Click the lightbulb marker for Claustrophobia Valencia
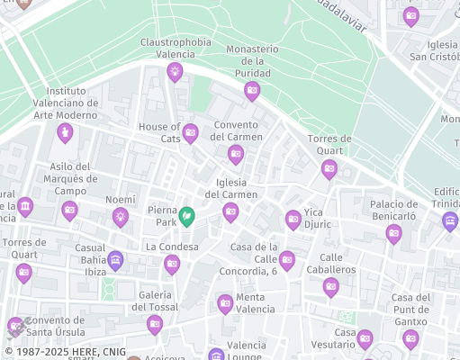175,70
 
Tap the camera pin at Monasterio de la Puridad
252,89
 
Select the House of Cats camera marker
190,133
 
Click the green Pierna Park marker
186,216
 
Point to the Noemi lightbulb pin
120,215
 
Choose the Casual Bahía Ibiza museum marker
115,260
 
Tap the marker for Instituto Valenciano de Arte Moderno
64,133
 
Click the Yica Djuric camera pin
293,219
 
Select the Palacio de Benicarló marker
393,233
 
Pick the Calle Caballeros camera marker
330,286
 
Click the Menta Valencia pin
225,304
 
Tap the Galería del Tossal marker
155,323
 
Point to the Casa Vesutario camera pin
365,338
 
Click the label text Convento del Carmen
236,130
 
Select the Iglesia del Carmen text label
231,188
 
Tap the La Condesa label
172,247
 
